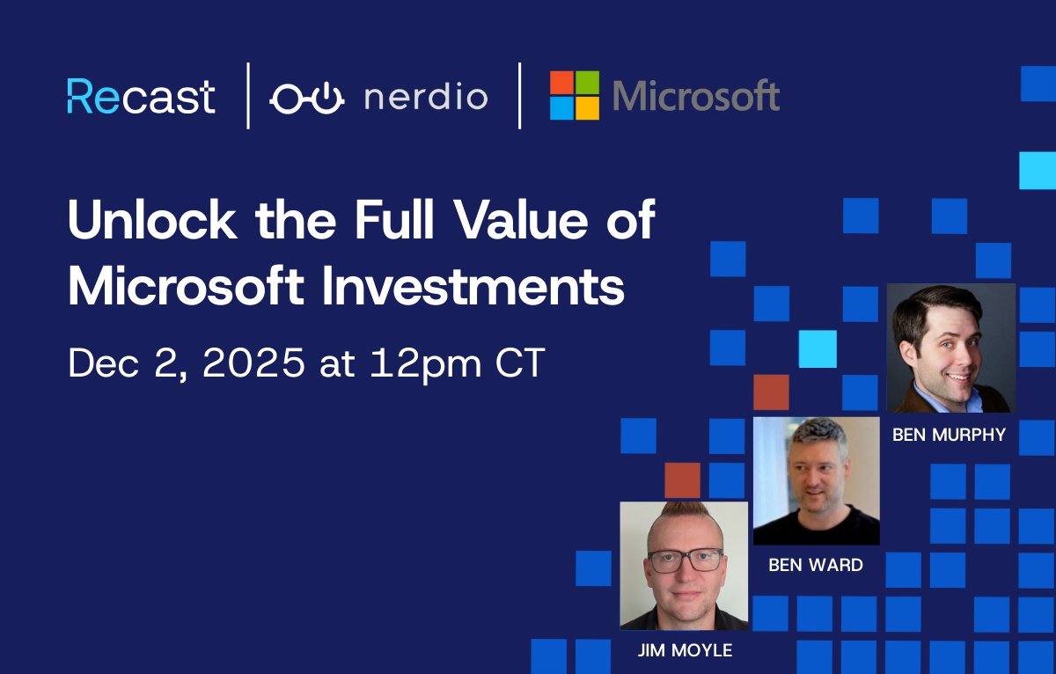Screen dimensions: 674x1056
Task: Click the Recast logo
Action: click(x=141, y=96)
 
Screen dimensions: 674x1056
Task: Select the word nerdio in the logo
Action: click(x=425, y=97)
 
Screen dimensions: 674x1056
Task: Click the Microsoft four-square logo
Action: click(x=574, y=96)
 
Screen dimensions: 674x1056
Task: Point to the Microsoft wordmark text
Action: click(x=695, y=96)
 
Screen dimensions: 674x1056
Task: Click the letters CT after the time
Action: click(x=518, y=363)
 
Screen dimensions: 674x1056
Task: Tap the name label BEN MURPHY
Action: click(x=949, y=435)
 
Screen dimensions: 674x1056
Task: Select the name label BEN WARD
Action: click(x=816, y=565)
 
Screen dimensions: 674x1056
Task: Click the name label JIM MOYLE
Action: click(x=684, y=651)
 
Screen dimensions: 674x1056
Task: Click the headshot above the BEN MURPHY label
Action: click(x=950, y=348)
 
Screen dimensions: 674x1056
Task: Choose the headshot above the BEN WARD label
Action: click(x=816, y=480)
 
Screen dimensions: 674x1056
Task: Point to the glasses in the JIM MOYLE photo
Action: click(x=685, y=560)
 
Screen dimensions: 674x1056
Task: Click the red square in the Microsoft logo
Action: click(x=561, y=83)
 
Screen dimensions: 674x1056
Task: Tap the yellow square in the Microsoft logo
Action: click(x=587, y=108)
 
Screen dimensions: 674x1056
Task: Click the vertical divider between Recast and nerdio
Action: click(x=248, y=96)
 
